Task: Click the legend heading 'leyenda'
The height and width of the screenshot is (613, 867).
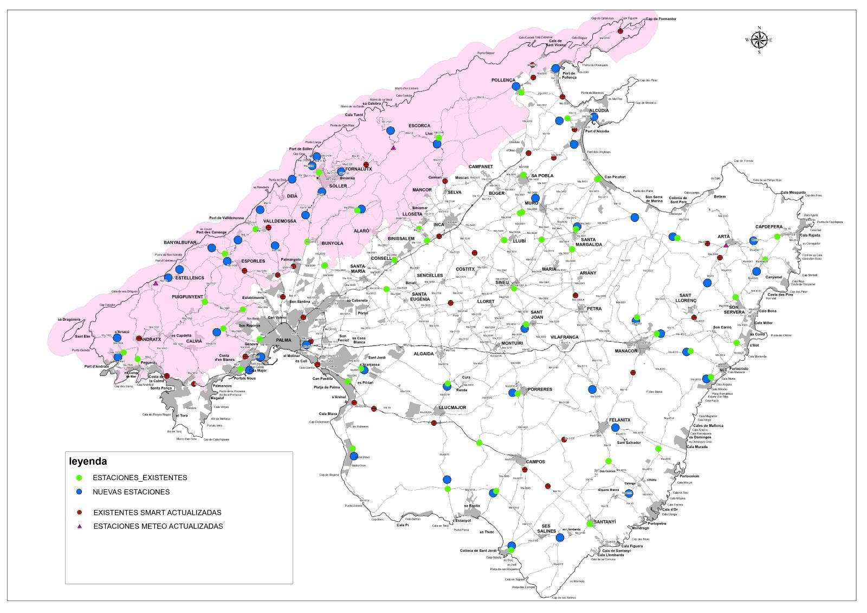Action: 88,462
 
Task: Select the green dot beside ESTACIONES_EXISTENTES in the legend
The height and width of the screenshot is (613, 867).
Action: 79,478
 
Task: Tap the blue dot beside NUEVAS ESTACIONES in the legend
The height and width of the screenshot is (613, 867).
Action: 79,492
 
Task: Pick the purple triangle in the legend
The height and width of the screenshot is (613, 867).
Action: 79,526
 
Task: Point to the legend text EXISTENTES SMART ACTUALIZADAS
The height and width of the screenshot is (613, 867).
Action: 157,513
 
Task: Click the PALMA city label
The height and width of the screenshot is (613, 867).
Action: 283,340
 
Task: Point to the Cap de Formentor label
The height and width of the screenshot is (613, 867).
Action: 661,19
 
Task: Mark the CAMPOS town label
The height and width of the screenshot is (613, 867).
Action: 534,462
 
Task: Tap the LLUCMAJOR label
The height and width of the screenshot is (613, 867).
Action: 452,407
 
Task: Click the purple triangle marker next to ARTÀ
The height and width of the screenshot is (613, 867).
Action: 726,245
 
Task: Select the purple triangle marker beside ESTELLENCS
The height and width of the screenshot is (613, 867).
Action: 156,283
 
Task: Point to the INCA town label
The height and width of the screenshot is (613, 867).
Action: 439,224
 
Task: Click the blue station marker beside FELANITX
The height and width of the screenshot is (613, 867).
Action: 615,427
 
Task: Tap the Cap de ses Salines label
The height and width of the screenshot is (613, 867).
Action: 564,598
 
